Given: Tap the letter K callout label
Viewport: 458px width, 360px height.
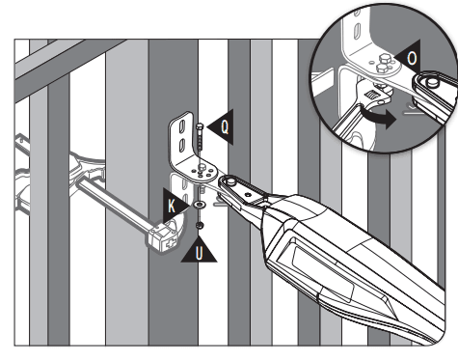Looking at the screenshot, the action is [x=172, y=206].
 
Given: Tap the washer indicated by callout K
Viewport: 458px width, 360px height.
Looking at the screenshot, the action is [x=199, y=206].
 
